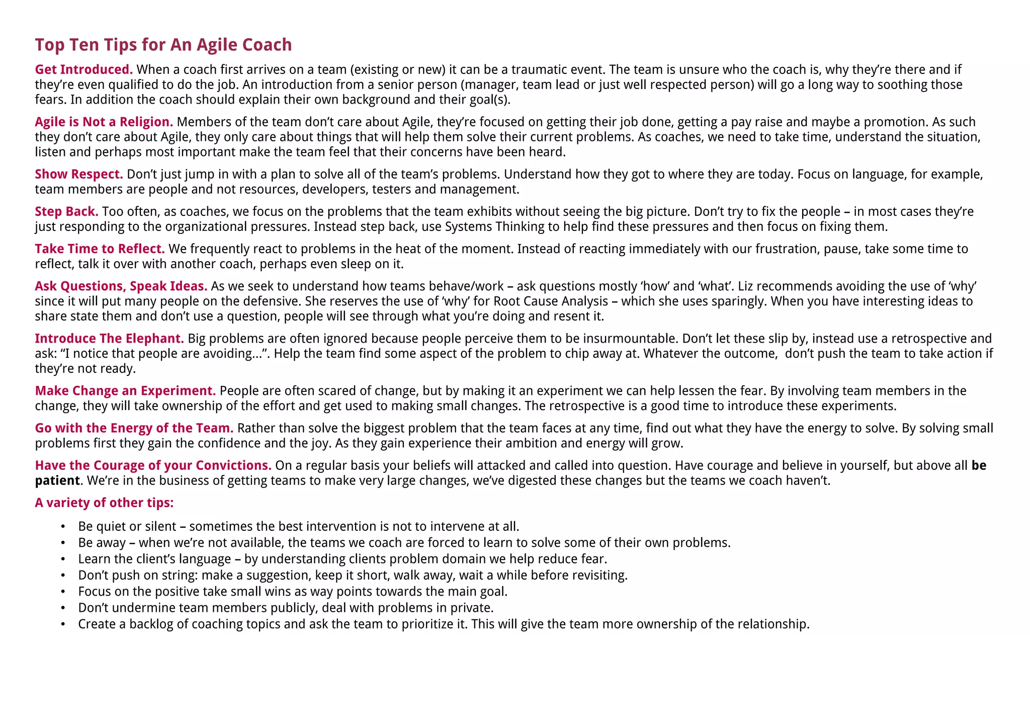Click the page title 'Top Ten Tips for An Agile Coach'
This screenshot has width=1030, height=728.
click(x=163, y=45)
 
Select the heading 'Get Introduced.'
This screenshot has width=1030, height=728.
click(x=83, y=69)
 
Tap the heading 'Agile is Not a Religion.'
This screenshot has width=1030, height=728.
click(x=104, y=122)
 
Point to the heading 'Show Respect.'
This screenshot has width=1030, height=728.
click(x=79, y=174)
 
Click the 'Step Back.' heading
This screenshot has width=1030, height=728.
click(x=66, y=211)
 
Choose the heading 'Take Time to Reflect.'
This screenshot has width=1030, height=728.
click(x=100, y=249)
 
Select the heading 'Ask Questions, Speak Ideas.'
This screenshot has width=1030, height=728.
click(x=121, y=286)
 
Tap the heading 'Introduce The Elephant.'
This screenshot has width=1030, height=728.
click(x=109, y=338)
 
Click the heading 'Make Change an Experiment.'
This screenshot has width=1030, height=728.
click(x=125, y=390)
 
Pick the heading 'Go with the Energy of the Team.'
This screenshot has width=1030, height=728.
click(x=134, y=428)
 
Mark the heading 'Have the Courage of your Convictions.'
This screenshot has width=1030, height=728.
click(x=153, y=465)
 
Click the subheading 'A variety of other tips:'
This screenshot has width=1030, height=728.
click(x=104, y=502)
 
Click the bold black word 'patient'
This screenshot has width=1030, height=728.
click(x=57, y=480)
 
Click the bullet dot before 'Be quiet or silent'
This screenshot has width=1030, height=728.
click(x=63, y=526)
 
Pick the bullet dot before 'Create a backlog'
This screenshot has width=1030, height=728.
click(x=63, y=624)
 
